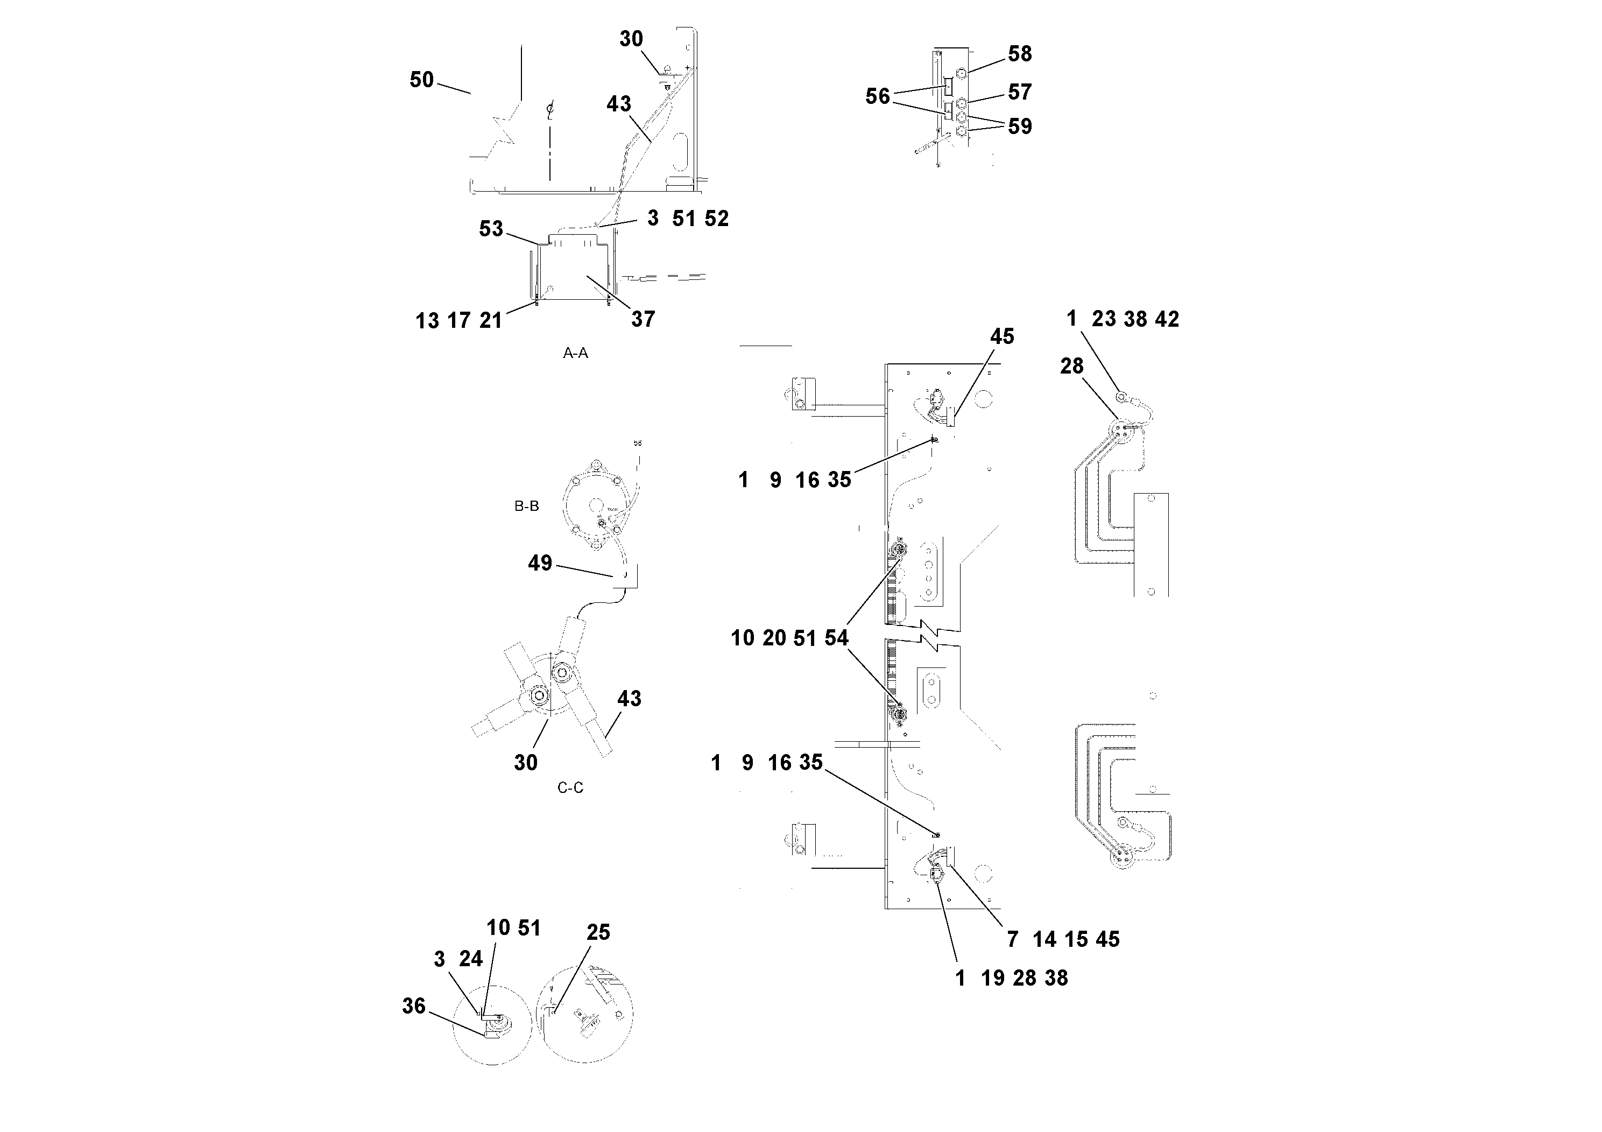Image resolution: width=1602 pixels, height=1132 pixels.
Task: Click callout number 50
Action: point(421,80)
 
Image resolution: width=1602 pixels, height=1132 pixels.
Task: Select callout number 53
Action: point(491,229)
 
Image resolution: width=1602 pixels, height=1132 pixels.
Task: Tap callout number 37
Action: point(643,319)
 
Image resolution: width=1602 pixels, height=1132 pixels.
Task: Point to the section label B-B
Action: point(526,506)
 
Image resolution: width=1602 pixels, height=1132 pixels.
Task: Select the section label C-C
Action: point(570,788)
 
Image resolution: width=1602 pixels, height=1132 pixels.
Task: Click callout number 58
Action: point(1019,54)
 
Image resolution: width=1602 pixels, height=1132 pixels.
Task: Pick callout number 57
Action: point(1019,92)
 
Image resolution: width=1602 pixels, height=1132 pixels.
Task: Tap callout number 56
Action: point(877,96)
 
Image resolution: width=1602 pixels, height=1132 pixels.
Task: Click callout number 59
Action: point(1019,126)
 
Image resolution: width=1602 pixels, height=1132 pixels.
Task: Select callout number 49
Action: point(539,563)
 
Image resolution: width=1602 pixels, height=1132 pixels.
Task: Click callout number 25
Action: point(598,932)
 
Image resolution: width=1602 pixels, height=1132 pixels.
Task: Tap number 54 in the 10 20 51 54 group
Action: point(836,638)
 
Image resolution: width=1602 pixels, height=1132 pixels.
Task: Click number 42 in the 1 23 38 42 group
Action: point(1167,319)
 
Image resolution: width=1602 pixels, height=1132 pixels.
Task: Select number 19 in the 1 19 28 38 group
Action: point(992,979)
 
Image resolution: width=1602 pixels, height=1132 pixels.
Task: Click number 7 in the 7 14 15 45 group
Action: point(1012,939)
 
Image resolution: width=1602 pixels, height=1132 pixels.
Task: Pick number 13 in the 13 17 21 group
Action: point(427,321)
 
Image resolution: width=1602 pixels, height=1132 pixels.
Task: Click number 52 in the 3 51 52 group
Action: point(716,219)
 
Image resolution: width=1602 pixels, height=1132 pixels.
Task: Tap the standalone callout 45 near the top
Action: point(1002,336)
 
